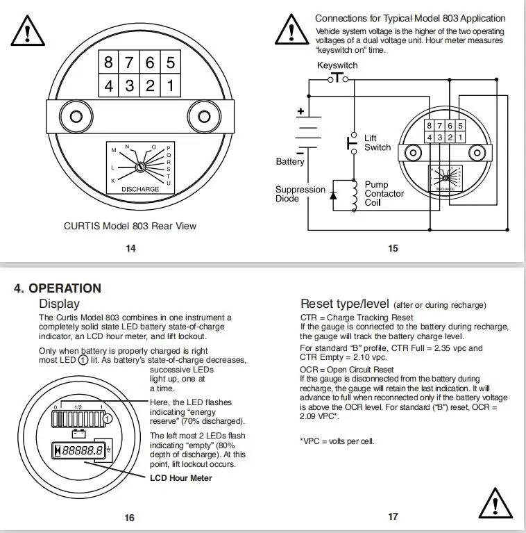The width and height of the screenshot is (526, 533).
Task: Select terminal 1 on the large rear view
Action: click(x=170, y=88)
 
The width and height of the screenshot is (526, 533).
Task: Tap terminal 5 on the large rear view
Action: click(x=170, y=62)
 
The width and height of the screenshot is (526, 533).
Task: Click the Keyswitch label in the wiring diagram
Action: click(x=337, y=65)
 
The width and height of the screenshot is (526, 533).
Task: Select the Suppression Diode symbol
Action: click(x=334, y=195)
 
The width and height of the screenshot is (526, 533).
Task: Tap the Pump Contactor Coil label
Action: click(x=384, y=194)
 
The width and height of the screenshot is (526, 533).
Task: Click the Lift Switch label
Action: click(x=377, y=142)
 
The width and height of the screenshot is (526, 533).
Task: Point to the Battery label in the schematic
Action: click(x=290, y=162)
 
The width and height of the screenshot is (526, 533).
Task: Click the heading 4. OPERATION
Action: click(x=58, y=288)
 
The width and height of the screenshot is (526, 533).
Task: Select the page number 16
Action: click(x=130, y=517)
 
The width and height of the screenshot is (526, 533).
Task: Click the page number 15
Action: click(x=393, y=248)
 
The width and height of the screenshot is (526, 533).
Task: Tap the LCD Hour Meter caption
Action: click(x=181, y=478)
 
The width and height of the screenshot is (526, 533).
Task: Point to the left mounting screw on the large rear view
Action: click(x=65, y=114)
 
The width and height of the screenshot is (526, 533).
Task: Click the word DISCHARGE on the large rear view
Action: click(x=140, y=189)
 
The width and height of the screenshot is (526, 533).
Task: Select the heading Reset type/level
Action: click(x=345, y=304)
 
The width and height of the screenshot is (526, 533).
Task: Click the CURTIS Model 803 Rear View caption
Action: click(x=130, y=226)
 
